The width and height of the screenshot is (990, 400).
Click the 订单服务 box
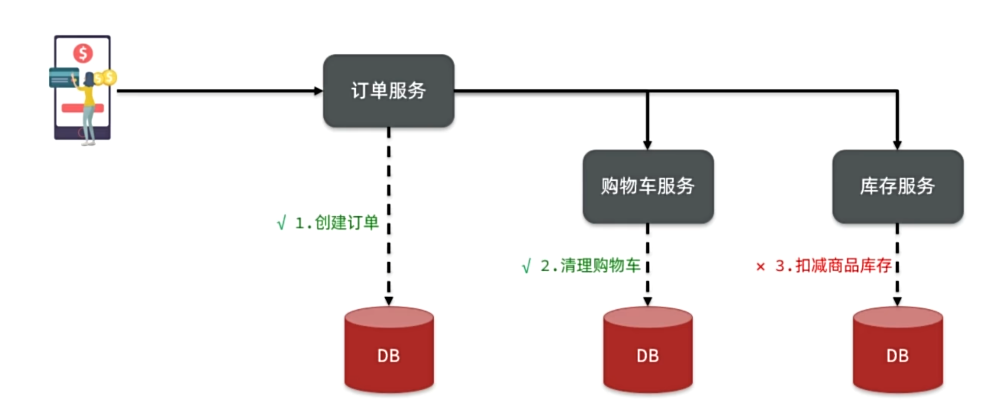click(x=388, y=91)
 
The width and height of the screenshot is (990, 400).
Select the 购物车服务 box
click(x=647, y=186)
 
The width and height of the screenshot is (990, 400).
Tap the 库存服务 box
click(x=897, y=186)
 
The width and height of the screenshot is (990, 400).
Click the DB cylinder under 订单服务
click(x=389, y=349)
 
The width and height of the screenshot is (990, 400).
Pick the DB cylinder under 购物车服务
click(x=647, y=349)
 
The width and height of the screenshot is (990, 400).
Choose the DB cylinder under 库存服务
click(x=897, y=349)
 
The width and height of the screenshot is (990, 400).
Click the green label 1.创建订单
click(x=337, y=223)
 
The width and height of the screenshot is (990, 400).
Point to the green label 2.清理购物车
click(x=590, y=266)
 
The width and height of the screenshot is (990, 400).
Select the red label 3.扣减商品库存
click(x=833, y=266)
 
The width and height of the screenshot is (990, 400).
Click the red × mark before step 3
click(x=760, y=267)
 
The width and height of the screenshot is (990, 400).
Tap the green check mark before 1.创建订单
click(x=281, y=223)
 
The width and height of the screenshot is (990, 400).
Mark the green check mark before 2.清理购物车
click(x=526, y=266)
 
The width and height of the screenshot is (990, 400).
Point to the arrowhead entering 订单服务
click(x=319, y=91)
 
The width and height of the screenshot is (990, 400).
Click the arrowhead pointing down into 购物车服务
click(x=647, y=145)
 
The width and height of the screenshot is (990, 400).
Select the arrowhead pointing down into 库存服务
click(x=897, y=145)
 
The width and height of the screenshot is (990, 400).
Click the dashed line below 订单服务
click(x=389, y=216)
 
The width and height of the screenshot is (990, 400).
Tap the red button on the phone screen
click(x=82, y=108)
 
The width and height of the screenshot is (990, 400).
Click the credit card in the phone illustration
click(x=64, y=77)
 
